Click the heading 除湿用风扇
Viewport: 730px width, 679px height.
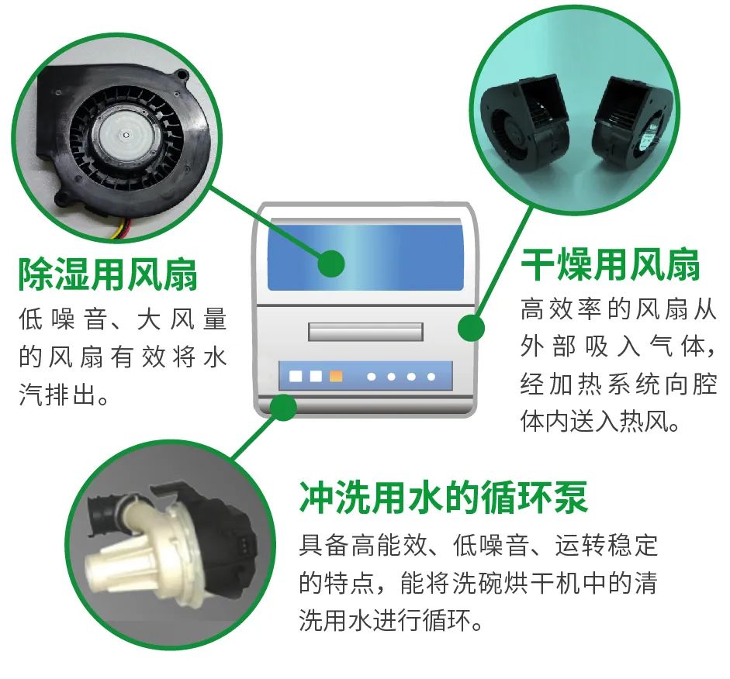(108, 274)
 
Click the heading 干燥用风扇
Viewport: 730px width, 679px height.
(611, 264)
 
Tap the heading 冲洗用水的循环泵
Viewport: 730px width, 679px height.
(443, 497)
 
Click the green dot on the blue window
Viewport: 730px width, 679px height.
(331, 264)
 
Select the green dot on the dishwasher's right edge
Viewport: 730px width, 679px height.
(471, 328)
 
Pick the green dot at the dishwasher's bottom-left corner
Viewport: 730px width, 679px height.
(283, 408)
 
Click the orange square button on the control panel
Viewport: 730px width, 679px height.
(336, 376)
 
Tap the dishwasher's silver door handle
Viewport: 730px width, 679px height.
(365, 332)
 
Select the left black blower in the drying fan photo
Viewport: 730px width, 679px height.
(526, 124)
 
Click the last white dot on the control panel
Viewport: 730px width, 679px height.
(431, 376)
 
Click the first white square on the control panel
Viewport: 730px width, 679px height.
(296, 376)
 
